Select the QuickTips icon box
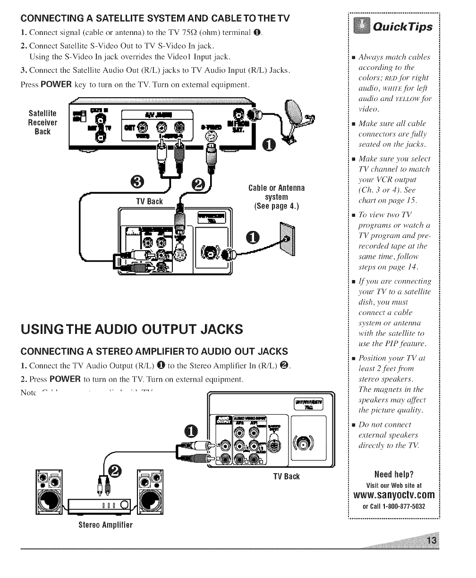pyautogui.click(x=363, y=26)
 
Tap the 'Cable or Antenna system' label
pyautogui.click(x=277, y=197)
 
